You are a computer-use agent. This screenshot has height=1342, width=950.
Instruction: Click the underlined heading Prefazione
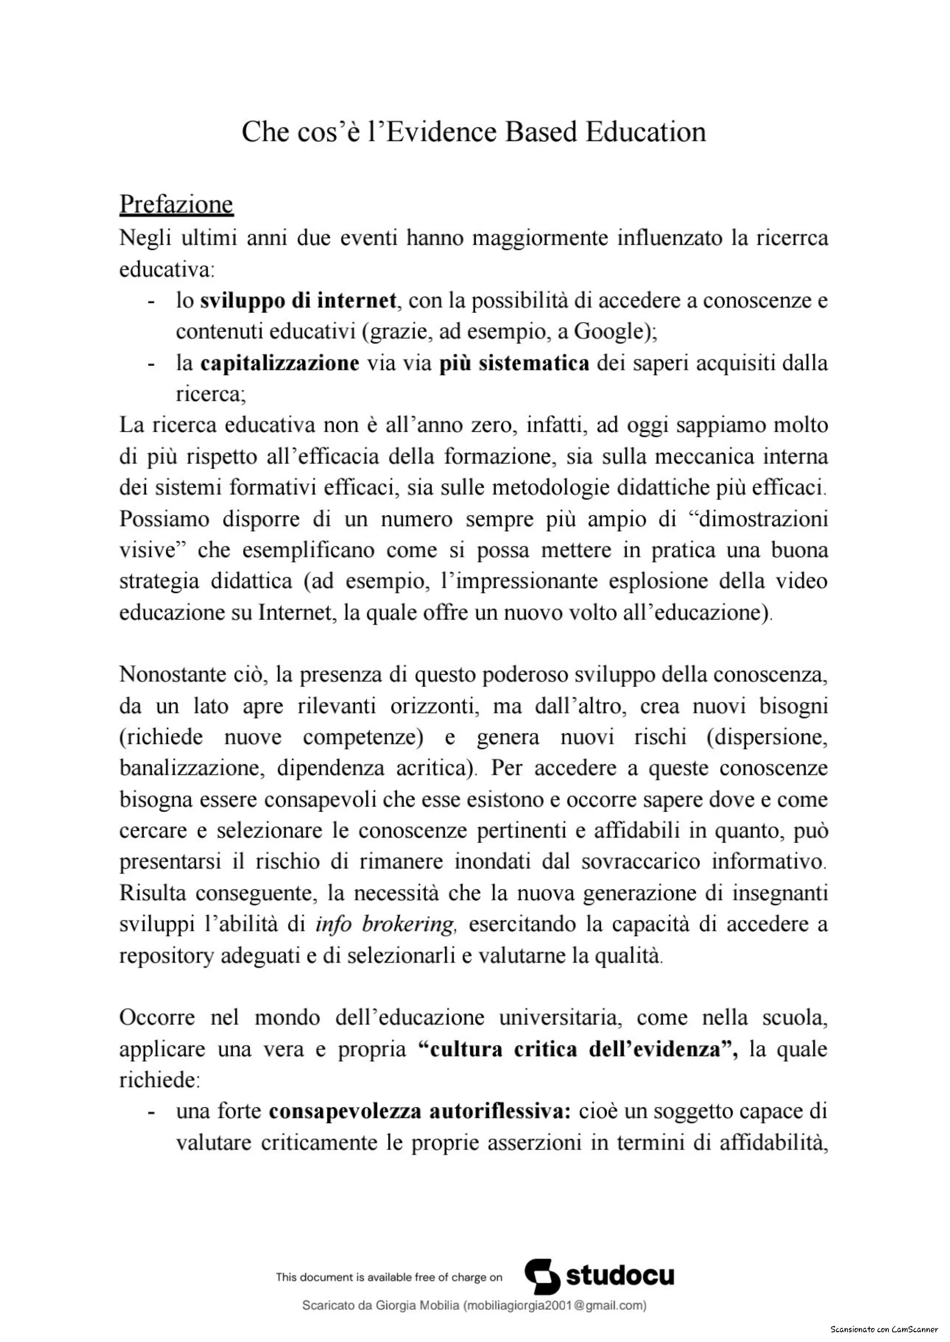(x=176, y=204)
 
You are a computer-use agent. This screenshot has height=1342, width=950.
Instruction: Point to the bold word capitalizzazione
(x=279, y=363)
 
